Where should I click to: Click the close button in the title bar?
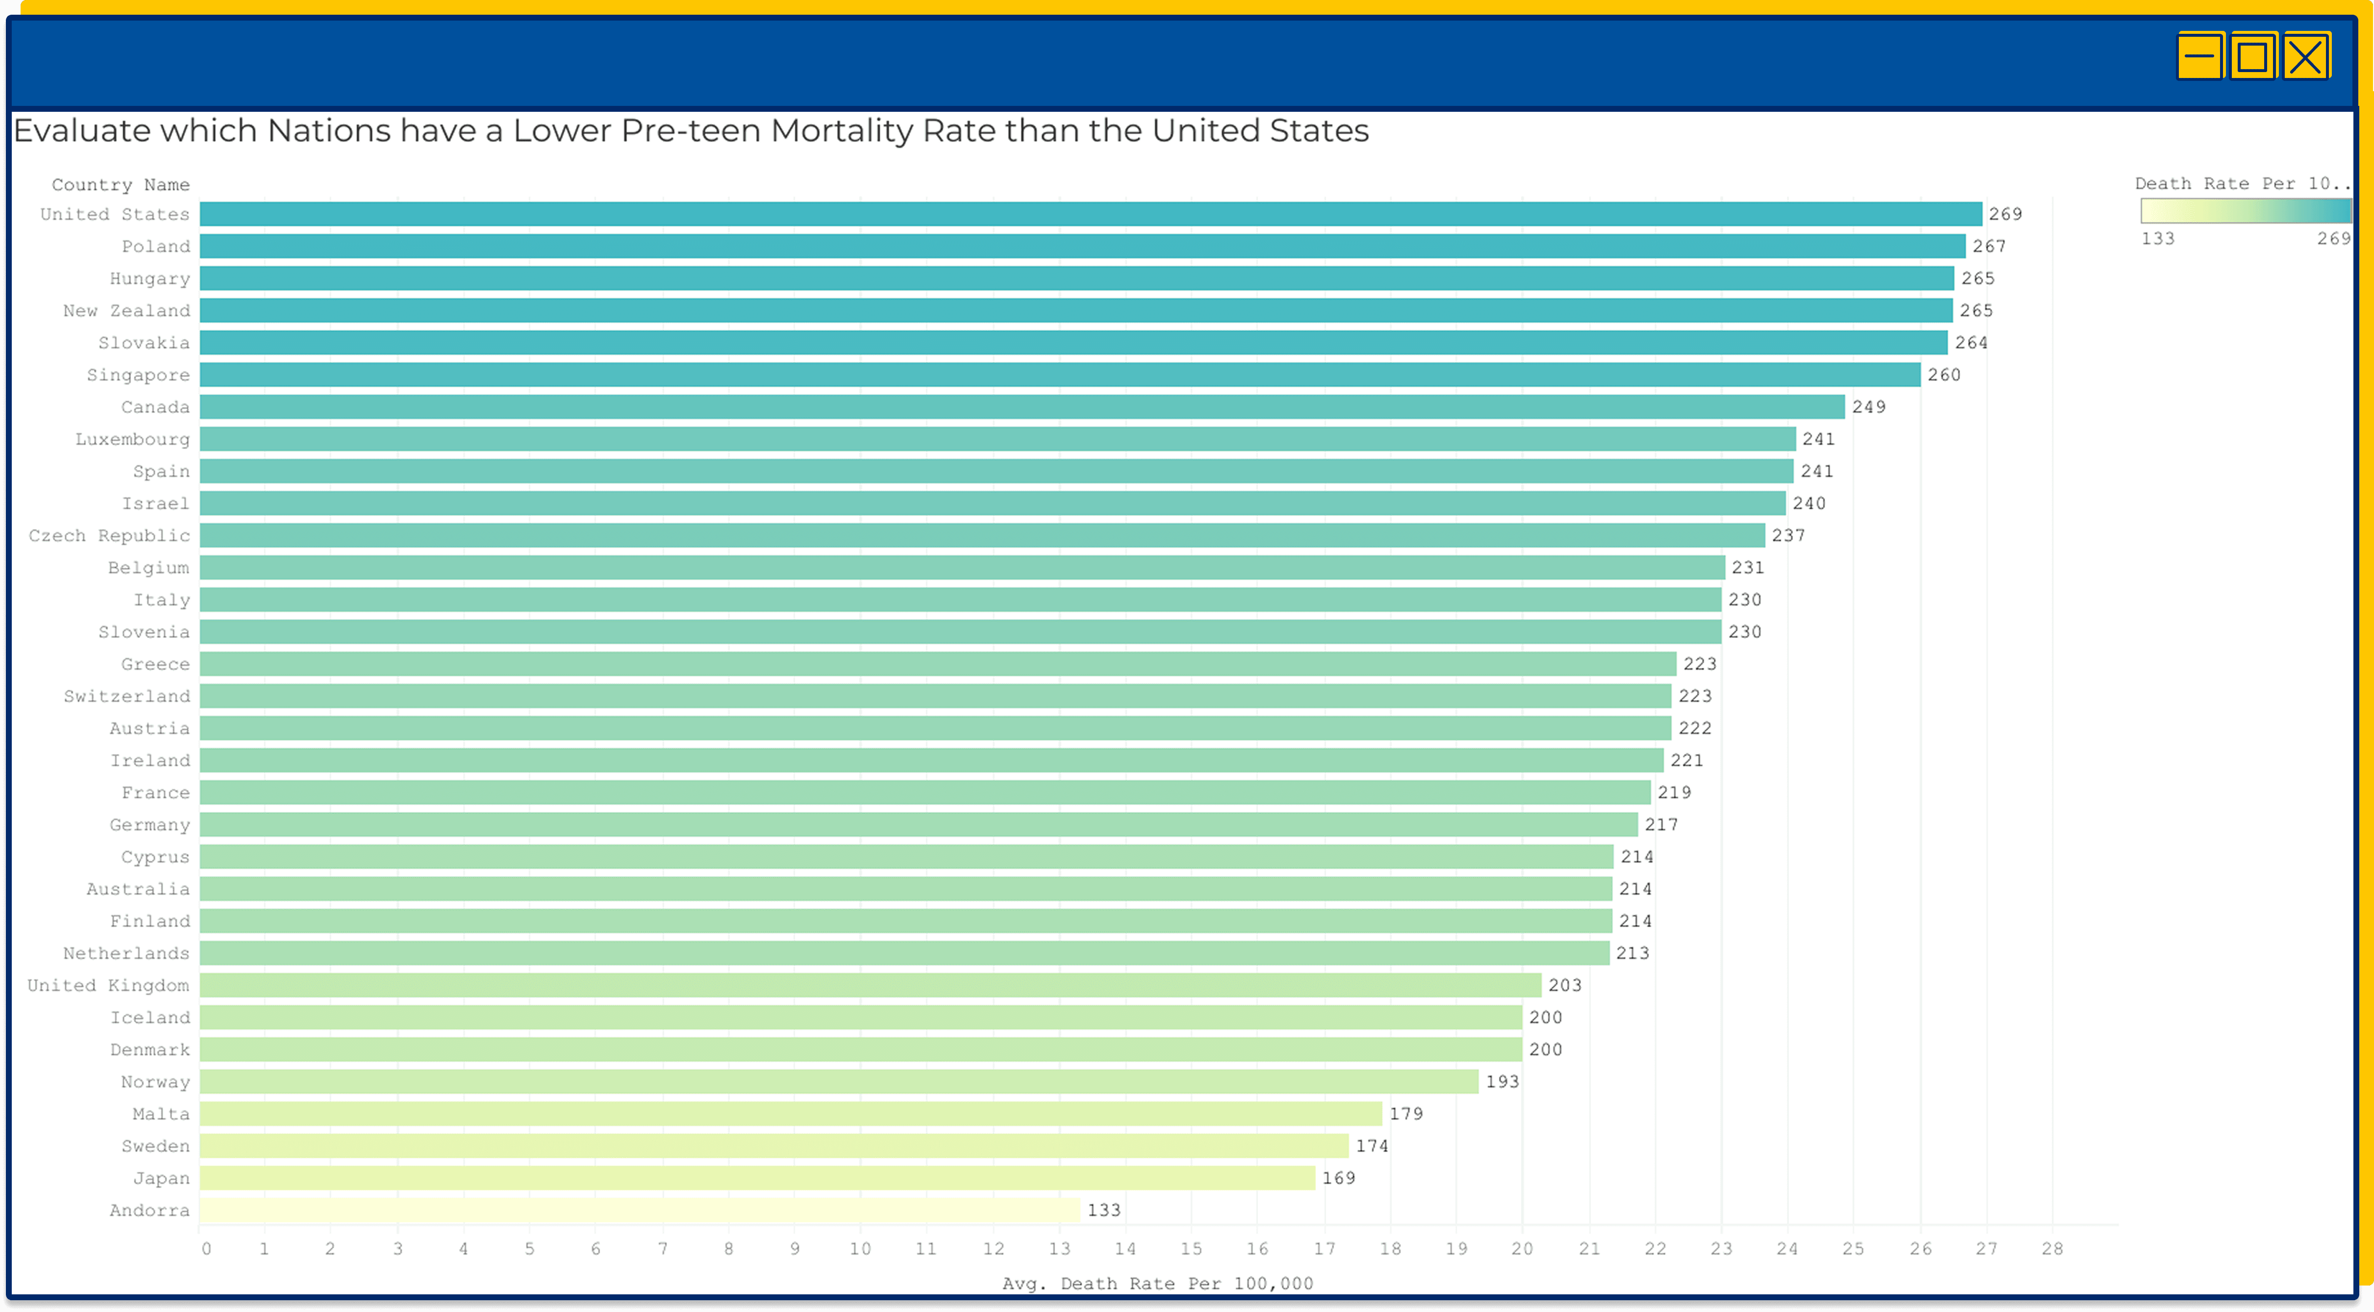(2306, 57)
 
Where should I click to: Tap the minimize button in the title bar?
(2199, 57)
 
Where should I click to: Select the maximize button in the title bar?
(2252, 57)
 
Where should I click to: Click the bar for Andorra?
(639, 1210)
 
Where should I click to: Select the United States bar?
(1090, 214)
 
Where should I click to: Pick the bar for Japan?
(757, 1178)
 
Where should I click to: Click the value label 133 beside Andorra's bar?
(1104, 1210)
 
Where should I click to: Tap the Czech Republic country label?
(109, 535)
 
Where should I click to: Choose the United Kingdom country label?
(108, 985)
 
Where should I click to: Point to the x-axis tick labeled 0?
(206, 1248)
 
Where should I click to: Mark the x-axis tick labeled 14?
(1125, 1248)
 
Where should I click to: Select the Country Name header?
(121, 184)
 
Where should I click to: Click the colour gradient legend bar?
(2245, 211)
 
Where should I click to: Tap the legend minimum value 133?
(2157, 239)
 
